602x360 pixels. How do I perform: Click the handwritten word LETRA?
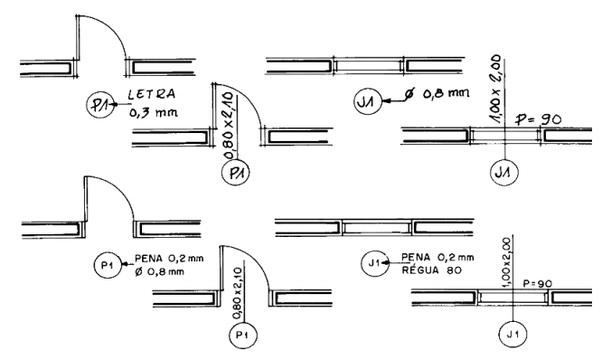pos(151,94)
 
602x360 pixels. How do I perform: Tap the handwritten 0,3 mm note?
pos(153,112)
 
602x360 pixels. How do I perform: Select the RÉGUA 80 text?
pos(431,270)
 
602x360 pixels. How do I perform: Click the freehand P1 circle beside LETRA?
pos(100,105)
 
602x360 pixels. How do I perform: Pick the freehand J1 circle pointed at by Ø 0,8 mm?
pos(368,101)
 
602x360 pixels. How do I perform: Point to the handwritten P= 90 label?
pos(538,119)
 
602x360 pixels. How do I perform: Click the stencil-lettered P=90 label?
pos(538,283)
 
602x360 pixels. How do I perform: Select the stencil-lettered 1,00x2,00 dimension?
pos(507,262)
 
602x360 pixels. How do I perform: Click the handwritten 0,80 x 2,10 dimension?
pos(229,125)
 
